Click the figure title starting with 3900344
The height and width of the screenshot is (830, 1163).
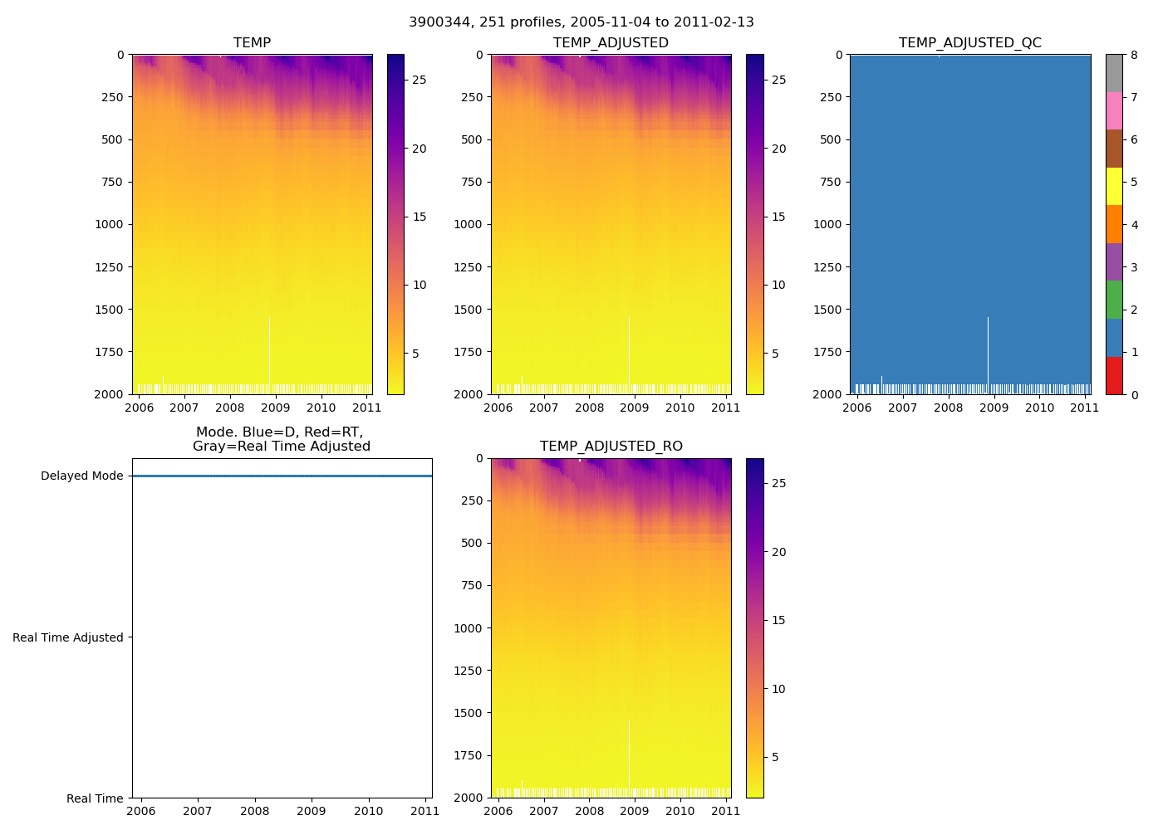point(581,22)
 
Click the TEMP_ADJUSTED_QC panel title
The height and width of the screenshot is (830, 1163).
point(969,43)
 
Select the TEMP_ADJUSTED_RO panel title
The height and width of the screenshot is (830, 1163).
point(611,447)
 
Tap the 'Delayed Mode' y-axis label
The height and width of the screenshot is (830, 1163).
point(81,476)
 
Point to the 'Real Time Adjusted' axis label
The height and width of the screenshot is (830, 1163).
point(67,637)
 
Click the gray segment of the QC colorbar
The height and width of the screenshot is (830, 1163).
point(1114,73)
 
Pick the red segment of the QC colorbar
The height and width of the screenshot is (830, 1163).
point(1114,375)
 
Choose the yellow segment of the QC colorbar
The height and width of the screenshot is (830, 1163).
point(1114,186)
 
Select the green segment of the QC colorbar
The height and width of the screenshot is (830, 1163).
point(1114,300)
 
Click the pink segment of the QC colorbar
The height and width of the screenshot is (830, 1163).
point(1114,111)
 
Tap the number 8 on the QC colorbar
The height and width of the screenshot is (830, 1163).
point(1134,56)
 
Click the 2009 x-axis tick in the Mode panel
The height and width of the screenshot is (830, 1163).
point(312,811)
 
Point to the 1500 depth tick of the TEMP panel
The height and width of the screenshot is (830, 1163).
point(109,310)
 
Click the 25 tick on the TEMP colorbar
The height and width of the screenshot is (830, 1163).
point(420,81)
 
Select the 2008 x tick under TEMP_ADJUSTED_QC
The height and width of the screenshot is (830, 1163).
point(948,408)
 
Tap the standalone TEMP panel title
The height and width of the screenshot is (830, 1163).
point(252,43)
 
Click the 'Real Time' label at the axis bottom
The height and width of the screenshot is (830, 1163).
point(95,798)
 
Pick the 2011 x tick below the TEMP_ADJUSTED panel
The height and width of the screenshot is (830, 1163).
point(726,408)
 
